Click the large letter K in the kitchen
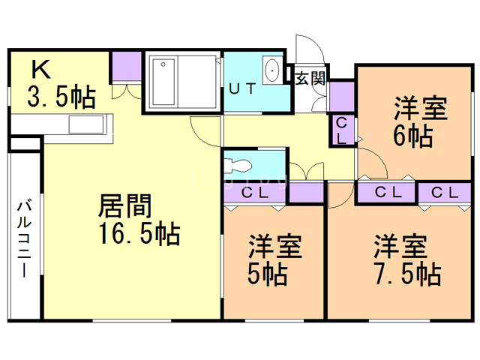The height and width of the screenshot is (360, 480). pos(41,70)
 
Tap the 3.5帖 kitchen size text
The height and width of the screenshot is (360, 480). pos(61,97)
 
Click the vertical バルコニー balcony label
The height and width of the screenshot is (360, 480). pos(24,239)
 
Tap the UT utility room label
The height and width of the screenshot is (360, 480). pos(242,89)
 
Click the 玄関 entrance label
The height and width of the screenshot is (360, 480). pos(310,78)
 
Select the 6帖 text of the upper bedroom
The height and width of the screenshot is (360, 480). pos(413,136)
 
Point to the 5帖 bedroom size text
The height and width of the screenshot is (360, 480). pos(267,274)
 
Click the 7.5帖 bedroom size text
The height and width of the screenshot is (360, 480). pos(408,274)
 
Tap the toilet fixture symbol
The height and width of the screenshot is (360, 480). pos(238,166)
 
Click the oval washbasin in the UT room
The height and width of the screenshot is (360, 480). pos(271,70)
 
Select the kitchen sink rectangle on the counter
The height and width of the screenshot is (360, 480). pos(86,124)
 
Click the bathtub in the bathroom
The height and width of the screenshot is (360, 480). pos(163,82)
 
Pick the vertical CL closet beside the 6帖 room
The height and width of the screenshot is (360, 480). pos(342,131)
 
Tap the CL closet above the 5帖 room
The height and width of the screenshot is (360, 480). pos(255,193)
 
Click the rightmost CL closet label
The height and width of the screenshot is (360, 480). pos(445,193)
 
